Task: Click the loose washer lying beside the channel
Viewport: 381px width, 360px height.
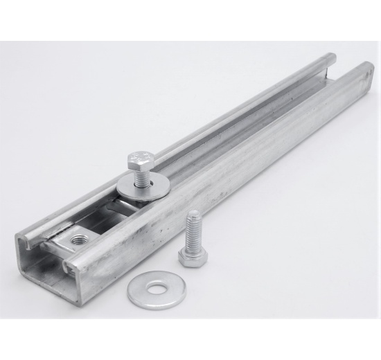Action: [x=138, y=291]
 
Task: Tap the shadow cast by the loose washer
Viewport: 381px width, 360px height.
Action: [x=149, y=304]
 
